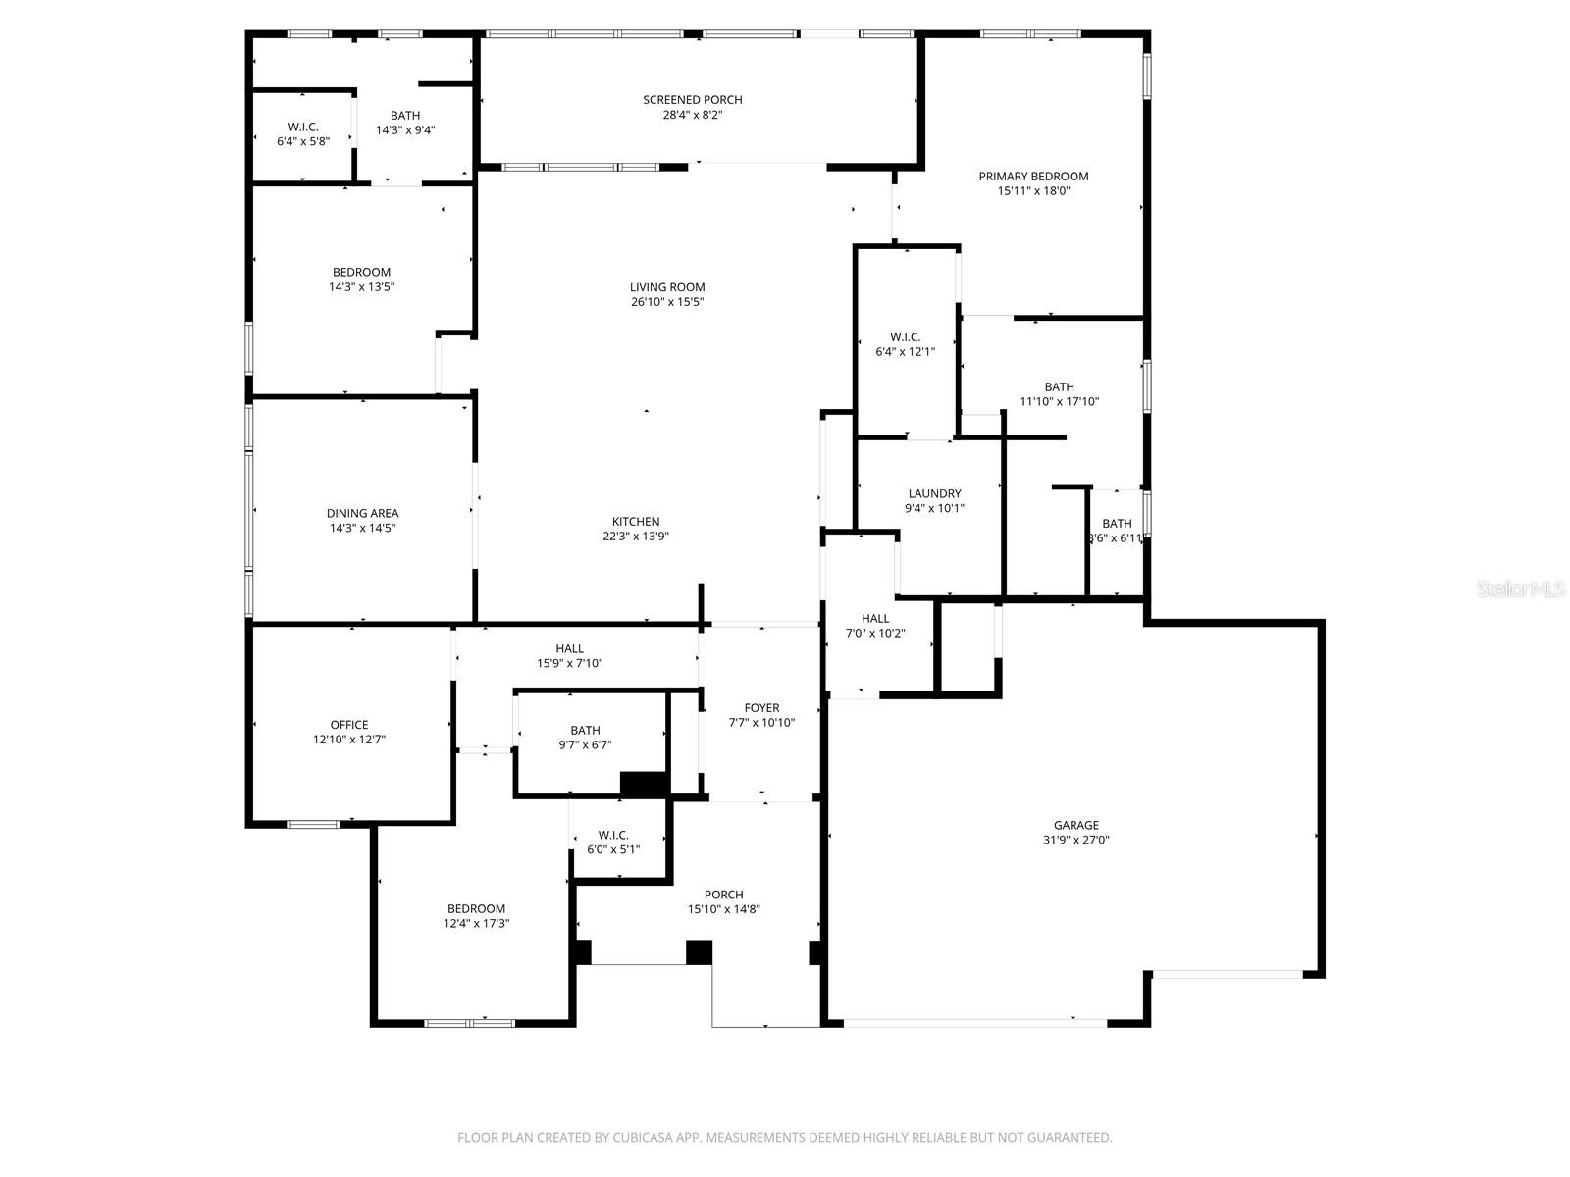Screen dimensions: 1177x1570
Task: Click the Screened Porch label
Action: click(x=692, y=100)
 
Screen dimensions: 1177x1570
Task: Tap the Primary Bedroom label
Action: click(x=1033, y=177)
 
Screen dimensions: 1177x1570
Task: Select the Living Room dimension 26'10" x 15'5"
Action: click(x=667, y=302)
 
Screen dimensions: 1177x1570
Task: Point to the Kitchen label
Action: click(x=636, y=522)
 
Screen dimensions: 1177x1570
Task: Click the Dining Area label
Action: click(x=362, y=513)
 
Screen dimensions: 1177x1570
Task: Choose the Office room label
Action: click(x=349, y=725)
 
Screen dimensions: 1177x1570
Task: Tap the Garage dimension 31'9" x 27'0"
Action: click(x=1076, y=841)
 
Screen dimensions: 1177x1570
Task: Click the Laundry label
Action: click(x=934, y=493)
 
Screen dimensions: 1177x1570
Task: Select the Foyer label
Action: click(x=761, y=708)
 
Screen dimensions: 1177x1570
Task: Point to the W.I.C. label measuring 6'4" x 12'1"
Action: click(x=905, y=337)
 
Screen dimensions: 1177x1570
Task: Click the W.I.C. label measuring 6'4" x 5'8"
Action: click(x=303, y=128)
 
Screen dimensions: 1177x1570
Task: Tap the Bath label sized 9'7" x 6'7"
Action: click(x=585, y=731)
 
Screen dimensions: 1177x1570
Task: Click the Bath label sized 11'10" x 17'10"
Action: click(x=1059, y=387)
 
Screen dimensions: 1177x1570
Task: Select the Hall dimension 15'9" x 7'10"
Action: click(x=569, y=664)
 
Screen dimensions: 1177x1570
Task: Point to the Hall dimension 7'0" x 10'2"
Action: click(x=875, y=634)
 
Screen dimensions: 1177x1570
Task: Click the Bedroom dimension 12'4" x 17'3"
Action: click(x=476, y=924)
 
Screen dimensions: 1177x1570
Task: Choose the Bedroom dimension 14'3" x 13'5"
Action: click(x=361, y=287)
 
